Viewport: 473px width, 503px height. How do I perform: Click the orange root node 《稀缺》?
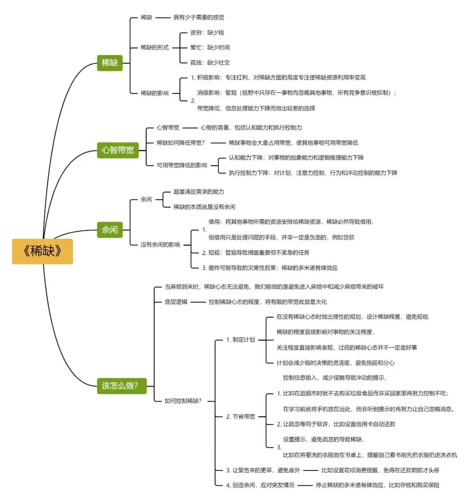pyautogui.click(x=42, y=251)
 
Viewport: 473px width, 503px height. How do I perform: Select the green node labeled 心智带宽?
pyautogui.click(x=118, y=150)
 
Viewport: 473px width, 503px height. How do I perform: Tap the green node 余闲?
pyautogui.click(x=109, y=230)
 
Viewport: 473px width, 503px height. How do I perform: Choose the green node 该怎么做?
pyautogui.click(x=122, y=386)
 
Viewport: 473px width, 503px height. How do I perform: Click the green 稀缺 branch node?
pyautogui.click(x=109, y=63)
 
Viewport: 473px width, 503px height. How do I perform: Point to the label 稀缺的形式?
pyautogui.click(x=155, y=47)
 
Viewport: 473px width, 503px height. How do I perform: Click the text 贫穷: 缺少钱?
pyautogui.click(x=207, y=33)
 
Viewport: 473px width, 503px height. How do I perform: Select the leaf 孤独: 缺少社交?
pyautogui.click(x=210, y=63)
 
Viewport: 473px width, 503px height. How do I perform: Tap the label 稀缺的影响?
pyautogui.click(x=155, y=93)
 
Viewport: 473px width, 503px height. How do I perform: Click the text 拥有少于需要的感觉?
pyautogui.click(x=199, y=18)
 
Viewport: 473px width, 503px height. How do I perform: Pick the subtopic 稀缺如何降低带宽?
pyautogui.click(x=180, y=143)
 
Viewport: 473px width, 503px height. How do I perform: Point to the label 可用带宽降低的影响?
pyautogui.click(x=182, y=165)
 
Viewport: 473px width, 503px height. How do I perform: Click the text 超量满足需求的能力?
pyautogui.click(x=199, y=192)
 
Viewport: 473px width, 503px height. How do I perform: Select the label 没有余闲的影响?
pyautogui.click(x=160, y=244)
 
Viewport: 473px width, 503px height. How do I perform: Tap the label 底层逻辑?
pyautogui.click(x=176, y=302)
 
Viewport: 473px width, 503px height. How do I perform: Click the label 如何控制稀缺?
pyautogui.click(x=183, y=400)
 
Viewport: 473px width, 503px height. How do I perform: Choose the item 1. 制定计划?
pyautogui.click(x=240, y=340)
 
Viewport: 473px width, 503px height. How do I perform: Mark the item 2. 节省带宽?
pyautogui.click(x=240, y=417)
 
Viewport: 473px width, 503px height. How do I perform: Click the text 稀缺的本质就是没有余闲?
pyautogui.click(x=205, y=207)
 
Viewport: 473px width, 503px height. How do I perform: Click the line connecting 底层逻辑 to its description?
pyautogui.click(x=198, y=302)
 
